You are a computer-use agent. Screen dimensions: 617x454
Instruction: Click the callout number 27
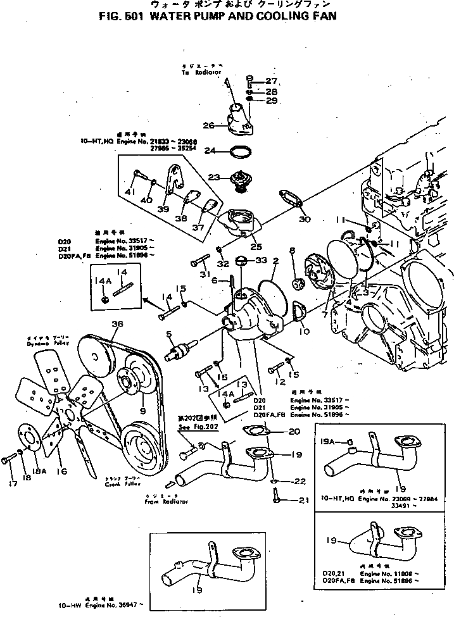(x=272, y=80)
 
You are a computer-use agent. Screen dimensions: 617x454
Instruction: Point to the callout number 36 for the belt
(x=117, y=325)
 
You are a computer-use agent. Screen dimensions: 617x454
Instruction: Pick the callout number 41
(x=131, y=192)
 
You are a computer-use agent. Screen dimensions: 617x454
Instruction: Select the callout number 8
(x=293, y=251)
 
